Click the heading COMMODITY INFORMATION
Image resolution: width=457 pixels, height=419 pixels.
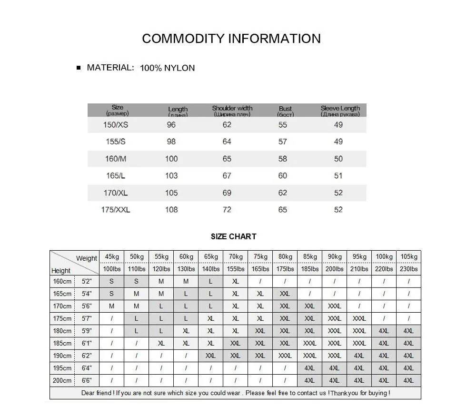coord(231,39)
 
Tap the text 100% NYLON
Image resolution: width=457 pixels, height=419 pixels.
coord(167,68)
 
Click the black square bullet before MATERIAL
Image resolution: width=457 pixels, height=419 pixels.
coord(79,68)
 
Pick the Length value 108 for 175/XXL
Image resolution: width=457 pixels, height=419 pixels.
coord(171,210)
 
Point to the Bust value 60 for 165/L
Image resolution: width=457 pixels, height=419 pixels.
coord(283,176)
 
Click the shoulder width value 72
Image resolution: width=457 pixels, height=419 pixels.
coord(227,210)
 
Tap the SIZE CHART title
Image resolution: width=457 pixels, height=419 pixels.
coord(233,236)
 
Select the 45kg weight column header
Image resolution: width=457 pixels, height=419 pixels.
coord(112,256)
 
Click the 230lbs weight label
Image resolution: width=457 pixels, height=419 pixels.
coord(408,269)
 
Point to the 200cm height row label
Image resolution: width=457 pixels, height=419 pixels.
coord(62,380)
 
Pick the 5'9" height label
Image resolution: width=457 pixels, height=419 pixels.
coord(86,331)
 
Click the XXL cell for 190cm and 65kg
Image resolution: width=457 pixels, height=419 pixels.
coord(210,356)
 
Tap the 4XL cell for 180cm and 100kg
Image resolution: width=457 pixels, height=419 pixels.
coord(384,331)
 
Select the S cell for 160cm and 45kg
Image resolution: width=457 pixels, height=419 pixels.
coord(112,281)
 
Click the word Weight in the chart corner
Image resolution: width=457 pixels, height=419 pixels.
coord(86,258)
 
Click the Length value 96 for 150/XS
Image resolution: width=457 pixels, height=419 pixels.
coord(171,125)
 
